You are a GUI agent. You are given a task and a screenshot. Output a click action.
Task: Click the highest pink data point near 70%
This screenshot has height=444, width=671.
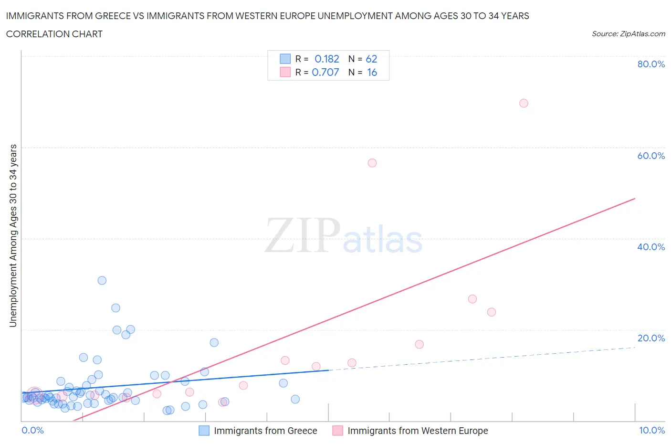[x=524, y=103]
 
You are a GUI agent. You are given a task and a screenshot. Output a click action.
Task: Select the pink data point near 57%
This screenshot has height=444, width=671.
[x=372, y=163]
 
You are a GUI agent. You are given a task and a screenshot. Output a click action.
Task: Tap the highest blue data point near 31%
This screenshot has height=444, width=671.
[x=102, y=280]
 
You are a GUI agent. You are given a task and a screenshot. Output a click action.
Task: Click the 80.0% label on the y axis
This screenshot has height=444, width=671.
[x=651, y=64]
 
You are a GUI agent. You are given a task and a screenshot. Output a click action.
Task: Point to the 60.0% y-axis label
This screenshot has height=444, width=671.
[x=651, y=156]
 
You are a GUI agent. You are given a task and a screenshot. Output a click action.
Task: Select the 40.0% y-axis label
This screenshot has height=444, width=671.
[x=651, y=247]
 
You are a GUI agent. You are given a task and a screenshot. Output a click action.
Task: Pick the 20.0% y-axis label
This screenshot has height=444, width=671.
[x=651, y=338]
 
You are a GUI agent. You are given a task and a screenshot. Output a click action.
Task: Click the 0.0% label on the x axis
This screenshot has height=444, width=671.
[x=32, y=430]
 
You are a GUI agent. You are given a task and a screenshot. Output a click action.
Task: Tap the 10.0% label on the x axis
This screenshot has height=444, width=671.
[x=652, y=430]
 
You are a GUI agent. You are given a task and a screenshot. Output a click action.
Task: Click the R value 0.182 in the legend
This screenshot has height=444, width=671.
[x=327, y=59]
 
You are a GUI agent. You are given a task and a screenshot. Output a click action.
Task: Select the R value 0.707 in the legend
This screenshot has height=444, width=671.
[x=325, y=72]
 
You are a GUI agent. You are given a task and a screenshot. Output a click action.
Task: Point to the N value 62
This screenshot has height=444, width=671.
[x=371, y=59]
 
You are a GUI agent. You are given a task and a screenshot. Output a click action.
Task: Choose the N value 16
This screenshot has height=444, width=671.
[x=372, y=72]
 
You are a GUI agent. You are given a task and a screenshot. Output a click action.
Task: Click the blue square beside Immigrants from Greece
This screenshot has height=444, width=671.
[x=204, y=431]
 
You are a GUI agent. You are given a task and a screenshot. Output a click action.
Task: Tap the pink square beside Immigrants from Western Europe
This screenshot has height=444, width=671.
[x=337, y=431]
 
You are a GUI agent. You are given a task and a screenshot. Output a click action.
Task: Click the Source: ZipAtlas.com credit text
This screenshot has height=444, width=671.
[x=628, y=33]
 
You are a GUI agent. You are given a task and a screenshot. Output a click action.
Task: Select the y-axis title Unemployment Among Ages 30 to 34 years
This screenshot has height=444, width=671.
[x=13, y=235]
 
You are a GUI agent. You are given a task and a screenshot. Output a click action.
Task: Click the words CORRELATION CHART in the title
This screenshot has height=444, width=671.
[x=54, y=34]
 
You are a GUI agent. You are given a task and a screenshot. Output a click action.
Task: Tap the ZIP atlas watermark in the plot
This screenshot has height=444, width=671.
[x=344, y=235]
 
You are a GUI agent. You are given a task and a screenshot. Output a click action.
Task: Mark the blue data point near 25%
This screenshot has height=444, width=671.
[x=115, y=308]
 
